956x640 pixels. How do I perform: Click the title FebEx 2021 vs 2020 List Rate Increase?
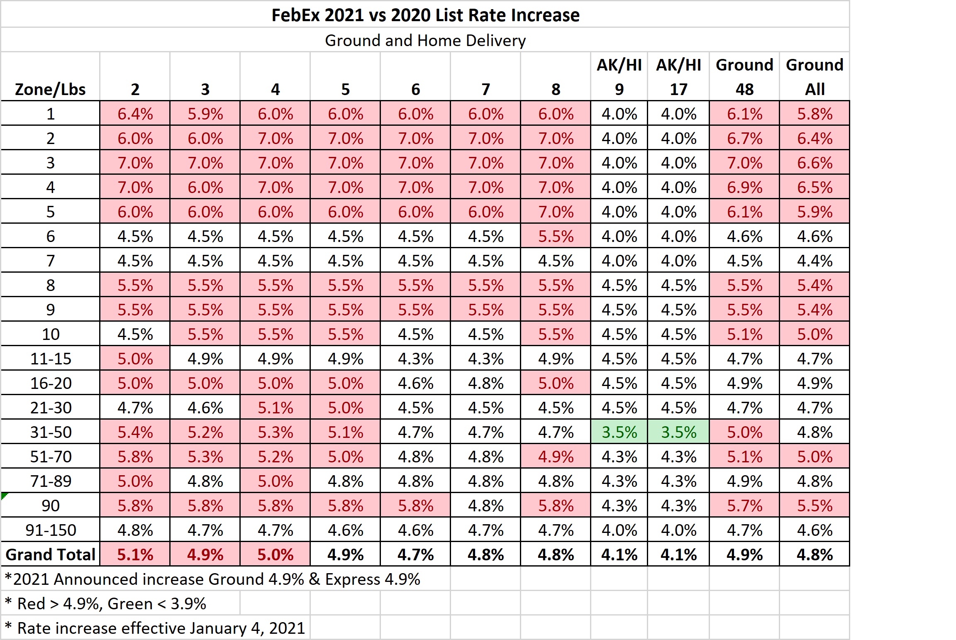click(x=425, y=15)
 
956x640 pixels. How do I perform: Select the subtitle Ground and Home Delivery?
click(x=425, y=40)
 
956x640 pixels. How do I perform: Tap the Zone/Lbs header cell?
click(x=50, y=89)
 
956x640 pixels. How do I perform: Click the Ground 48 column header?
click(x=744, y=77)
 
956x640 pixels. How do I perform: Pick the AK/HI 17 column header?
click(x=678, y=77)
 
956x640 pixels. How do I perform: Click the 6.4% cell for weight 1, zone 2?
click(x=135, y=114)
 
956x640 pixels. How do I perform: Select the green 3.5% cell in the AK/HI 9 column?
click(x=619, y=432)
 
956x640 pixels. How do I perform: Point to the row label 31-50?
click(x=51, y=432)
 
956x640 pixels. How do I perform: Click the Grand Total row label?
click(x=50, y=555)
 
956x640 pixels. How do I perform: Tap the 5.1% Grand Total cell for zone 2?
click(x=135, y=555)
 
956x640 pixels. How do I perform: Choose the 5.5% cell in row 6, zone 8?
click(x=556, y=236)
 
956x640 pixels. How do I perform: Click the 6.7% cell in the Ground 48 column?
click(x=744, y=138)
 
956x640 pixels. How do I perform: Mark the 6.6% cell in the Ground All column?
click(x=815, y=163)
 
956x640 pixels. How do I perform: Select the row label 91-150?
click(x=51, y=530)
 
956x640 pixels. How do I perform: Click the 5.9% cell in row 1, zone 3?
click(x=205, y=114)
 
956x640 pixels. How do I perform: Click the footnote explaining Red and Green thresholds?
click(x=106, y=603)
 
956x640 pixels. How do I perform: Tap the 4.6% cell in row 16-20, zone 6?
click(x=415, y=383)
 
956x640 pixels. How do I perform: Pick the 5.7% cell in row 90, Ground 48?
click(x=744, y=506)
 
